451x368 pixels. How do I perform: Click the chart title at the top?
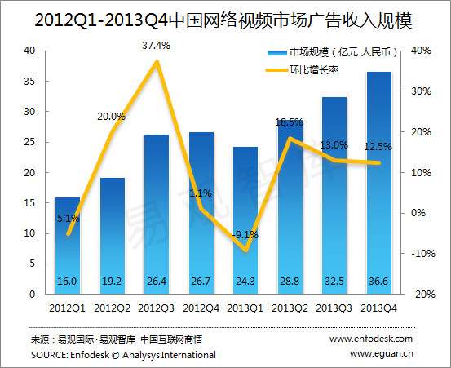click(x=223, y=20)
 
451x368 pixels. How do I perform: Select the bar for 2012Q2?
click(x=113, y=236)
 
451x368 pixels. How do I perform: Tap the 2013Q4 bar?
click(x=378, y=183)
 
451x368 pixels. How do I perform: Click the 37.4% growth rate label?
click(x=157, y=46)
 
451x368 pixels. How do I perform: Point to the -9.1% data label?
click(x=245, y=235)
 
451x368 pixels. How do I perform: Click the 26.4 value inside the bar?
click(x=157, y=282)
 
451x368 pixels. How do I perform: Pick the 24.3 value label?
click(x=245, y=282)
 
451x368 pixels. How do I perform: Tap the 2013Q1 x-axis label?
click(x=245, y=308)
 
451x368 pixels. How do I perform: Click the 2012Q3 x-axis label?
click(x=157, y=308)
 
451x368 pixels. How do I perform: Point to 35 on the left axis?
click(x=29, y=82)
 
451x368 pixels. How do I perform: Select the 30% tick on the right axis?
click(x=421, y=91)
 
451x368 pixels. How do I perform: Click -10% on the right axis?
click(x=423, y=254)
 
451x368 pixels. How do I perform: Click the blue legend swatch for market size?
click(x=277, y=53)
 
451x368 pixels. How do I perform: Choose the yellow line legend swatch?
click(x=276, y=70)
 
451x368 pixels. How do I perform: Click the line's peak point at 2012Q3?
click(x=157, y=61)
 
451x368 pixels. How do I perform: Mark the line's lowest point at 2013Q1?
click(x=246, y=250)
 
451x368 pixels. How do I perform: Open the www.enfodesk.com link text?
click(x=371, y=339)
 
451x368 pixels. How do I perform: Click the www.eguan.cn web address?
click(x=382, y=353)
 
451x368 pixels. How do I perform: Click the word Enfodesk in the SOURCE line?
click(x=90, y=355)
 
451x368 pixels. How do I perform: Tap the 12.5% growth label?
click(x=378, y=147)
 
